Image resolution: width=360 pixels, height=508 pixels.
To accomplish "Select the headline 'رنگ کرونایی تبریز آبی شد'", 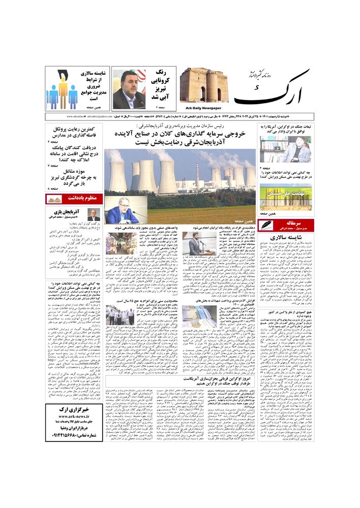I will point(161,86).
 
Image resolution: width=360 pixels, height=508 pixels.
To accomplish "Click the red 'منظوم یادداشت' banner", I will point(74,199).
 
